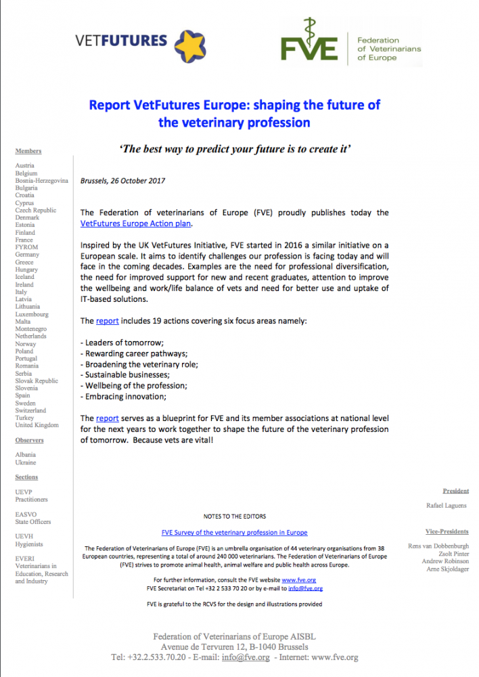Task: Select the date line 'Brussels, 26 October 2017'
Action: (x=122, y=181)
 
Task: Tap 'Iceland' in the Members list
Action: (x=26, y=277)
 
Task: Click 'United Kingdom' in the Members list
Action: (x=37, y=425)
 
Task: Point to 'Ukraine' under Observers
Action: (x=26, y=462)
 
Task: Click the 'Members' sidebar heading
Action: (x=28, y=151)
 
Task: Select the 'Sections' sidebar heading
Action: (x=26, y=477)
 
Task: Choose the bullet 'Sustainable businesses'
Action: (x=124, y=374)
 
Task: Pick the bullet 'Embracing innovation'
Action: (x=122, y=396)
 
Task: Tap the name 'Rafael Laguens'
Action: (x=446, y=505)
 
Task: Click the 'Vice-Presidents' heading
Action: (x=447, y=531)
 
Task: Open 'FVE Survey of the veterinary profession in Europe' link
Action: (x=235, y=532)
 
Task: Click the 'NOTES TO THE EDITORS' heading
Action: (x=235, y=516)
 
